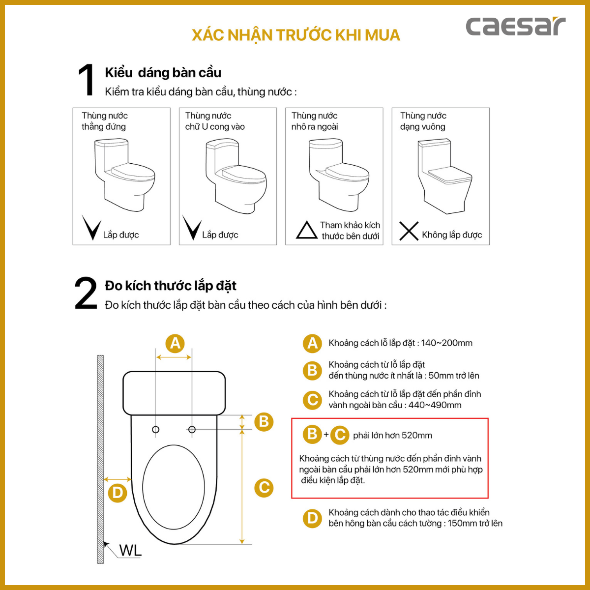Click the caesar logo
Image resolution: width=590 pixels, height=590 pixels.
pyautogui.click(x=515, y=27)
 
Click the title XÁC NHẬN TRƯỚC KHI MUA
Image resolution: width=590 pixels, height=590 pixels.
pyautogui.click(x=295, y=35)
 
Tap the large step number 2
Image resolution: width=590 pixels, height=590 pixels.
pyautogui.click(x=86, y=294)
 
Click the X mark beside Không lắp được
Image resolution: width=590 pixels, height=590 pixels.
pyautogui.click(x=409, y=231)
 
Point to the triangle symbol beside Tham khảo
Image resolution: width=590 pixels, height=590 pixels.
pyautogui.click(x=307, y=230)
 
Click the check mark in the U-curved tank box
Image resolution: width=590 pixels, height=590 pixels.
pyautogui.click(x=191, y=228)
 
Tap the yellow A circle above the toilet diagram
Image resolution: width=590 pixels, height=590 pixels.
pyautogui.click(x=175, y=343)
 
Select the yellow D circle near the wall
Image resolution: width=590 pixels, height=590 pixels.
pyautogui.click(x=118, y=493)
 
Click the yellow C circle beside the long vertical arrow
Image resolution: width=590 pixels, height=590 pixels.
pyautogui.click(x=264, y=488)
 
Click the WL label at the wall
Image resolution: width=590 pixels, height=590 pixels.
pyautogui.click(x=130, y=551)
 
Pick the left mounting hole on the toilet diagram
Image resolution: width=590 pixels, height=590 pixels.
pyautogui.click(x=156, y=430)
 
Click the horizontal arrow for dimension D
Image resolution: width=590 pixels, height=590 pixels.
pyautogui.click(x=118, y=479)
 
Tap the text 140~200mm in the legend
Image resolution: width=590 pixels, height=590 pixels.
pyautogui.click(x=446, y=343)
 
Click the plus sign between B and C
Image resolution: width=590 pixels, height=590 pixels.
pyautogui.click(x=326, y=435)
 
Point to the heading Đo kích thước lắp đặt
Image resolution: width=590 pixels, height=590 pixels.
pyautogui.click(x=171, y=286)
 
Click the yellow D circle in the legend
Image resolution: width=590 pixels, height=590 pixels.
pyautogui.click(x=312, y=518)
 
